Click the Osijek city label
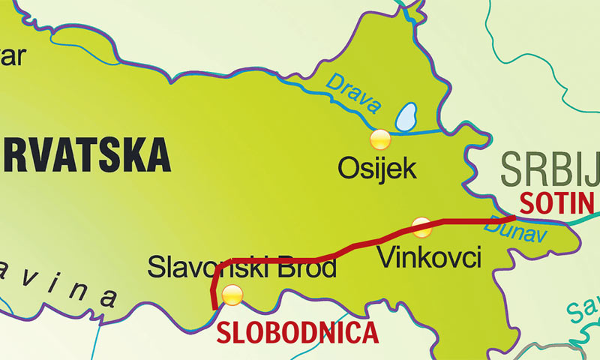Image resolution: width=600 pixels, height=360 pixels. pos(376,168)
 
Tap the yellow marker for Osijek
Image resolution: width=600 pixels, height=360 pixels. pos(381,139)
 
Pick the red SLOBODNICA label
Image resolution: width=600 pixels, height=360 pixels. pos(298,331)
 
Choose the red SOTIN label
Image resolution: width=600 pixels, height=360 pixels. pos(556,202)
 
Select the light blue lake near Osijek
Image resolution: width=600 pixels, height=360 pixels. pos(406,116)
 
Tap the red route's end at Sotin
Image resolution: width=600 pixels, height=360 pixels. pos(514,219)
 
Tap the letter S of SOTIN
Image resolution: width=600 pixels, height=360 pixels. pos(526,202)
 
